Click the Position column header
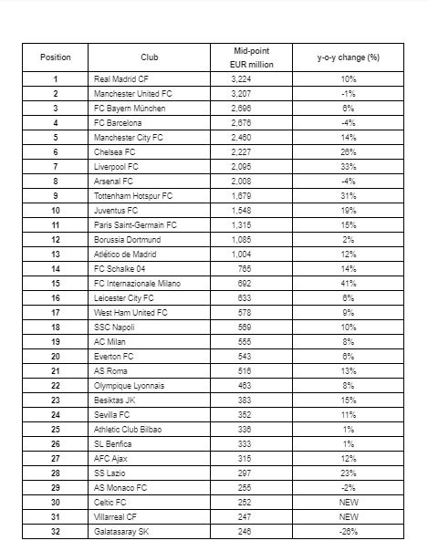point(55,57)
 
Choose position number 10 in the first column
point(55,210)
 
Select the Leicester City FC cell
point(124,297)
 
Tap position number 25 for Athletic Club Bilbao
point(55,429)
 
